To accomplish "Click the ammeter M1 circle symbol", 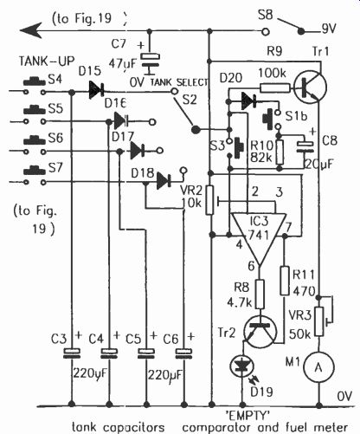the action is click(x=318, y=367).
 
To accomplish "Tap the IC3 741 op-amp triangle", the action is click(x=260, y=236).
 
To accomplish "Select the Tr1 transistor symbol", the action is click(x=310, y=87).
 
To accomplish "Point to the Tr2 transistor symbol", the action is click(x=260, y=332).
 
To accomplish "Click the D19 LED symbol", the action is click(x=242, y=366).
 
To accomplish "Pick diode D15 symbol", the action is click(x=96, y=90).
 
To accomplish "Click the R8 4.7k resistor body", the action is click(x=260, y=294).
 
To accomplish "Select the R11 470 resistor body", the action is click(x=285, y=281).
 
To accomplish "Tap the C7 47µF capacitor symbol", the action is click(x=150, y=62).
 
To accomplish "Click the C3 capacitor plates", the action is click(x=72, y=353).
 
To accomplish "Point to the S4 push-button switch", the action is click(x=35, y=86).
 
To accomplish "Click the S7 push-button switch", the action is click(x=35, y=175).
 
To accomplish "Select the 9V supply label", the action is click(x=329, y=29).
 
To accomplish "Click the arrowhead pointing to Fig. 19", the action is click(x=30, y=31).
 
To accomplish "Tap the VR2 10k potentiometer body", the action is click(x=209, y=200).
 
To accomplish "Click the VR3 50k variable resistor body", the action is click(x=318, y=321).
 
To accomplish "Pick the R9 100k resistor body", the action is click(x=275, y=87).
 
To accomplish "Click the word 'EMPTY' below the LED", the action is click(x=247, y=416).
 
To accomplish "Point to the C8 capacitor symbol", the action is click(x=305, y=146).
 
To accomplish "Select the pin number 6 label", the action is click(x=251, y=266).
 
